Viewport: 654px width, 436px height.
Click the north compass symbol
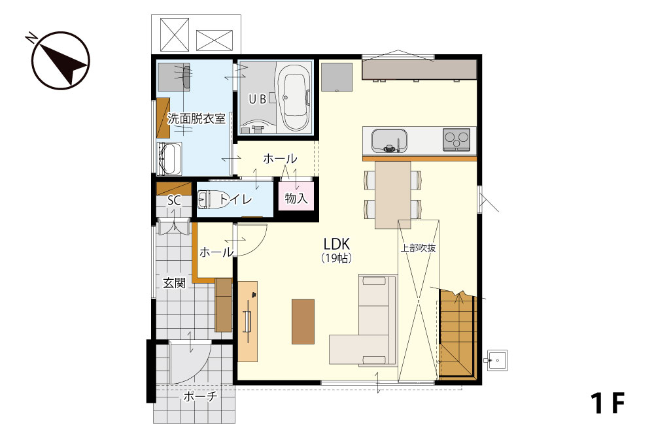[60, 60]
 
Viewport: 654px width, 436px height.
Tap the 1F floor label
[608, 403]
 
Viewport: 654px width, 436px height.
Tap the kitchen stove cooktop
[456, 139]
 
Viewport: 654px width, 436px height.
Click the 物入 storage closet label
[296, 199]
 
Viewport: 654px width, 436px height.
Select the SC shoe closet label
[175, 201]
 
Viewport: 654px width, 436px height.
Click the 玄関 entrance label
[174, 284]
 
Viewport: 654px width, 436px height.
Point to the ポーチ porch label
[199, 396]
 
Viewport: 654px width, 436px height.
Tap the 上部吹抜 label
[418, 248]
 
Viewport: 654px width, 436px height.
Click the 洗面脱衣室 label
[196, 119]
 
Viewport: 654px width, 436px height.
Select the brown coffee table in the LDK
[303, 322]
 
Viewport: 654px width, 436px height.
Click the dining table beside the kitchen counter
[392, 195]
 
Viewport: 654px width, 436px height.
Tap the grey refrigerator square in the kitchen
[337, 76]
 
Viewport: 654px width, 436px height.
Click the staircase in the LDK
[458, 333]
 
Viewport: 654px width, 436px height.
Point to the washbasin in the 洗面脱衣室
[169, 158]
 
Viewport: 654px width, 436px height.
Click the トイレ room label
[235, 199]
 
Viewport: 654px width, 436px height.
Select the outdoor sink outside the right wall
[497, 360]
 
